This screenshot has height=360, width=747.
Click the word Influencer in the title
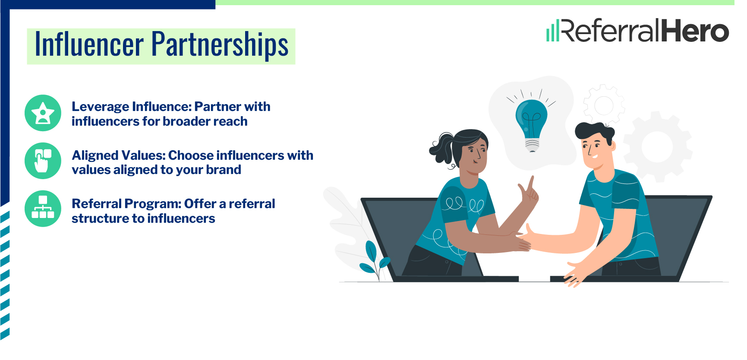[x=89, y=45]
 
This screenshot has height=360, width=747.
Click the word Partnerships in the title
[x=220, y=45]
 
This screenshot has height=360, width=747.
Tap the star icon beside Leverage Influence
[x=43, y=113]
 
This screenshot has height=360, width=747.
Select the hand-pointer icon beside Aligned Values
[x=43, y=161]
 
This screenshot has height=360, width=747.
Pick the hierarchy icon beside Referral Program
[x=43, y=208]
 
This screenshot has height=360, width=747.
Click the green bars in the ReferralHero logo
[x=552, y=31]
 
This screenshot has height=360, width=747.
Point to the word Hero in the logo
[x=695, y=31]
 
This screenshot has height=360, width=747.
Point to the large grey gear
[x=657, y=146]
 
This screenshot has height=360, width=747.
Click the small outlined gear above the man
[x=604, y=105]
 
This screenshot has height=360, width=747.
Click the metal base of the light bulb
[x=532, y=144]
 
